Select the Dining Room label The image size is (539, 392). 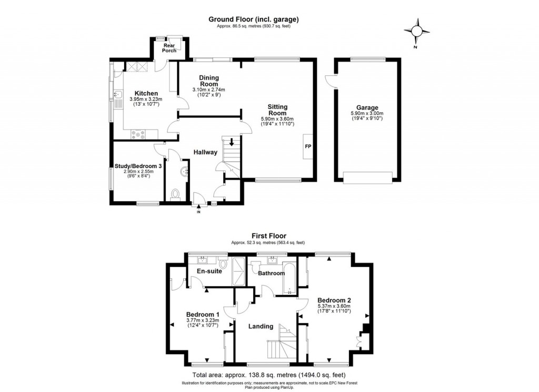click(x=208, y=81)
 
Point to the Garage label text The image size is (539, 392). click(x=367, y=107)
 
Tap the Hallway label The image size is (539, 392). click(x=205, y=152)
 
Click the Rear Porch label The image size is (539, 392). click(x=169, y=48)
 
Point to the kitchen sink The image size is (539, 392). click(x=118, y=95)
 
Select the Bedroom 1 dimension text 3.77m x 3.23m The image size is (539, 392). click(x=202, y=320)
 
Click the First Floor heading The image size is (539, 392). click(x=268, y=237)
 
